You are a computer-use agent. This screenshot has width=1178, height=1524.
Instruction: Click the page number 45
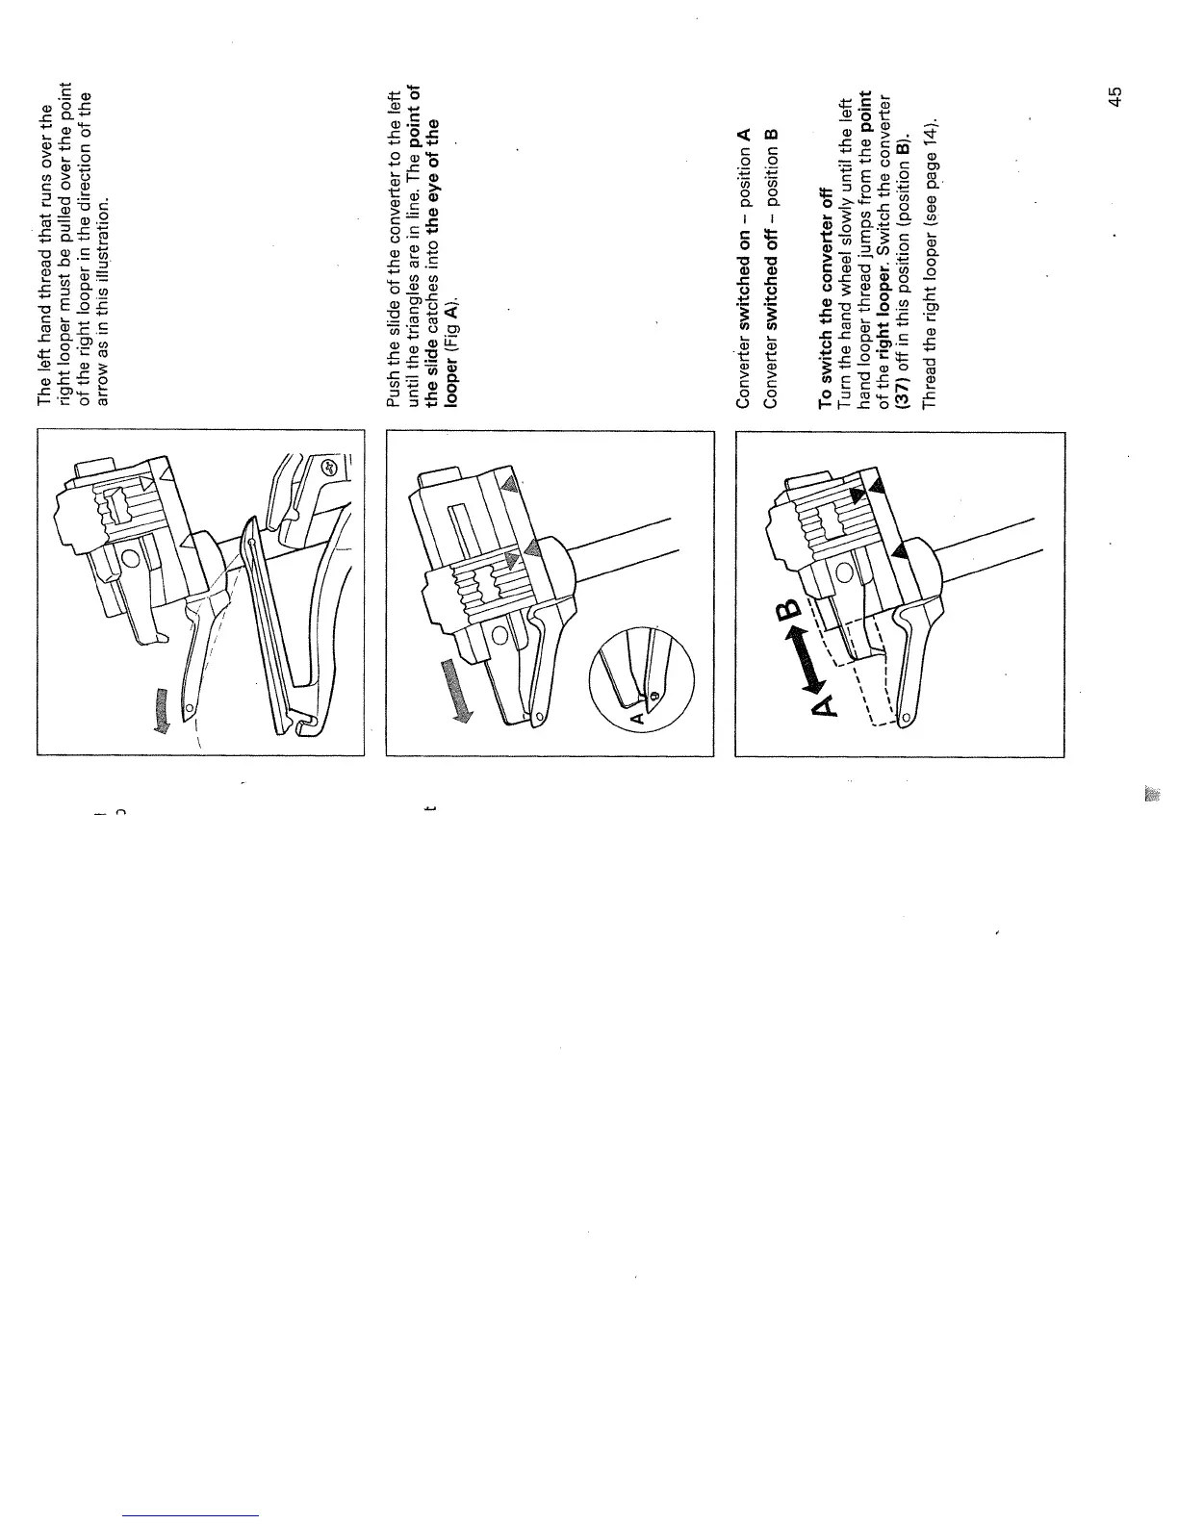click(1114, 96)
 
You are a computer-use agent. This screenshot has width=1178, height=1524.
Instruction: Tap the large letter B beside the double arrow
click(787, 608)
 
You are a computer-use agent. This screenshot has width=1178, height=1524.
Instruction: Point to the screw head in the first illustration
click(326, 468)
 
